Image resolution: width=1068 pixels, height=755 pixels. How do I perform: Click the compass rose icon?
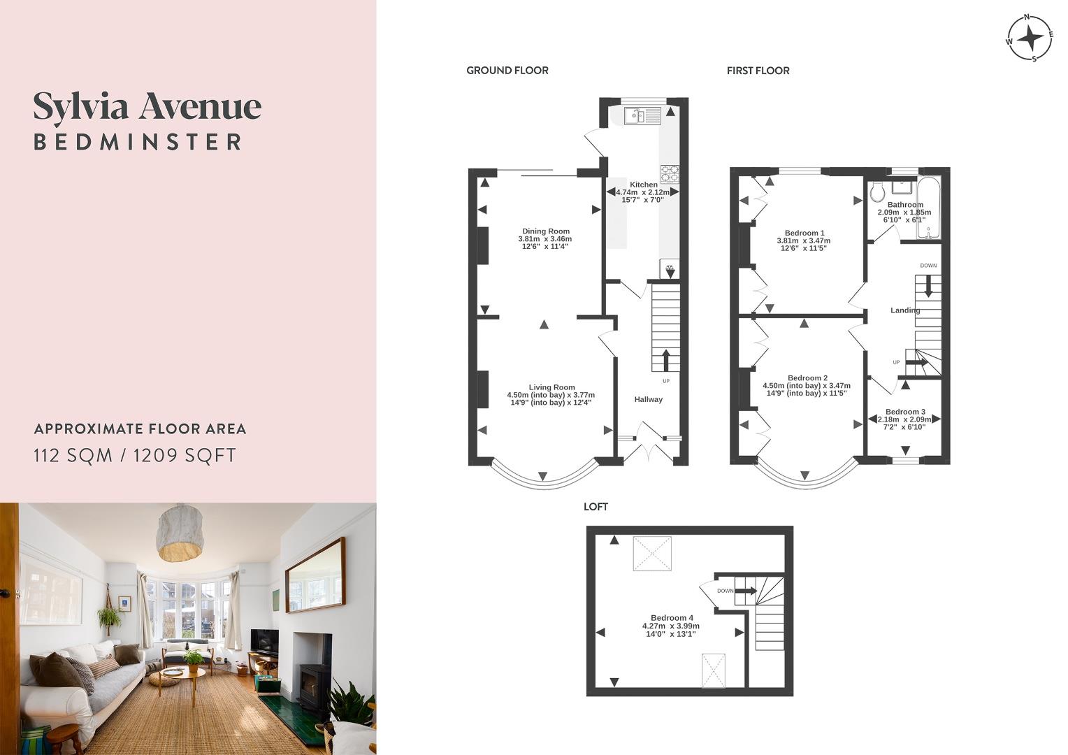[x=1030, y=38]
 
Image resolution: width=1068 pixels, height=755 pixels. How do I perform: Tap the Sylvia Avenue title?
[x=147, y=107]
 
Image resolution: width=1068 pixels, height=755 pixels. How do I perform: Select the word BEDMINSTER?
[x=138, y=142]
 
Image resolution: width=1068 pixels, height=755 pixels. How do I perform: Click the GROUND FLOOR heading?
[x=507, y=71]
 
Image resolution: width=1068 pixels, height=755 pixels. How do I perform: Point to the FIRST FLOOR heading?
[x=758, y=71]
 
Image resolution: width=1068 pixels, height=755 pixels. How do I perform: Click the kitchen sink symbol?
[x=642, y=116]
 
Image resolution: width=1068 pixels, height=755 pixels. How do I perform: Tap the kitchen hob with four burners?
[x=670, y=173]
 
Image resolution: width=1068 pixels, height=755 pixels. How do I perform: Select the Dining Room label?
[x=546, y=231]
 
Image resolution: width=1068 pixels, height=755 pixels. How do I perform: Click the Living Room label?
[x=551, y=387]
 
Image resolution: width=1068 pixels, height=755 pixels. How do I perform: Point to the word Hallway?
[x=648, y=400]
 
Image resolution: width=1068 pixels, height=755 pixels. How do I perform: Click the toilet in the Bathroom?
[x=878, y=192]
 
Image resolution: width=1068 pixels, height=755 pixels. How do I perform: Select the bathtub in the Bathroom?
[x=929, y=208]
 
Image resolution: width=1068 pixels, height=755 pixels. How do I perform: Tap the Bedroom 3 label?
[x=905, y=412]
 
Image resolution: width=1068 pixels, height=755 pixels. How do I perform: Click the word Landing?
[x=905, y=310]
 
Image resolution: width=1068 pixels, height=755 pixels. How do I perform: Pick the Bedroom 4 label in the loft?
[x=672, y=618]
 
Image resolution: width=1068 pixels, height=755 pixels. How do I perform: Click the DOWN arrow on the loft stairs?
[x=745, y=591]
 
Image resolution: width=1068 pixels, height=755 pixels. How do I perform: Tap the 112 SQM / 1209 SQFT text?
[x=135, y=456]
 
